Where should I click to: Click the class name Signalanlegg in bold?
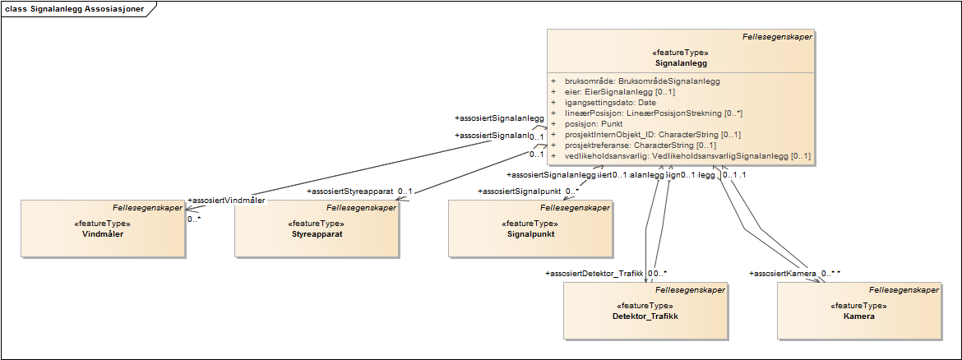[681, 62]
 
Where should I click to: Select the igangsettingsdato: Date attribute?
[610, 103]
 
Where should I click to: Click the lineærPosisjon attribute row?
[654, 113]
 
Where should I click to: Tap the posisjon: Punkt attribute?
[598, 124]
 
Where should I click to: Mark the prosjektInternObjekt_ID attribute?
[653, 135]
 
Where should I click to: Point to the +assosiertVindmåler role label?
[227, 201]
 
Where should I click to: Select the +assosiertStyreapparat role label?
[350, 192]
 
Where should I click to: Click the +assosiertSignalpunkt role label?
[520, 192]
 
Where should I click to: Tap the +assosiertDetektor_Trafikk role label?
[594, 273]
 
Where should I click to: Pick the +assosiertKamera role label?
[783, 273]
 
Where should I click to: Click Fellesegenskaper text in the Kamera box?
[904, 289]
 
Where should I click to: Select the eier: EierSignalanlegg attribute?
[620, 92]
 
